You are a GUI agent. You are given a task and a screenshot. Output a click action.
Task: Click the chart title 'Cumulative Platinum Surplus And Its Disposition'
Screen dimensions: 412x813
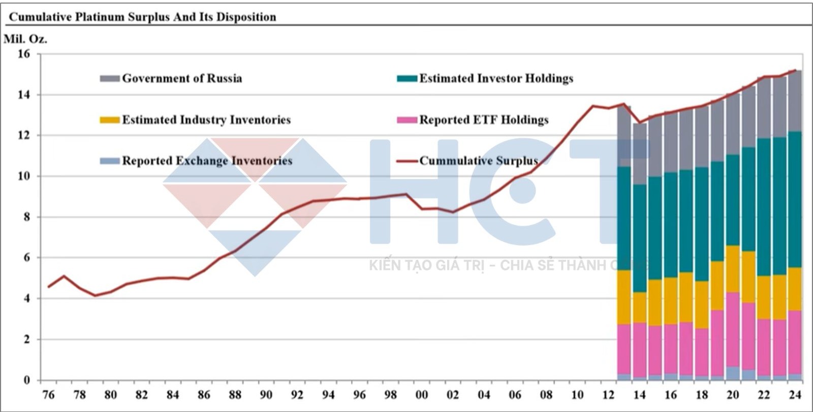pyautogui.click(x=143, y=17)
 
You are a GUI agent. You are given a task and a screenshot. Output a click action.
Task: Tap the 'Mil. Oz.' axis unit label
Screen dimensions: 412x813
pyautogui.click(x=25, y=39)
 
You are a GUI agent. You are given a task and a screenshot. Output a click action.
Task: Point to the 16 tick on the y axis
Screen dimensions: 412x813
pyautogui.click(x=24, y=54)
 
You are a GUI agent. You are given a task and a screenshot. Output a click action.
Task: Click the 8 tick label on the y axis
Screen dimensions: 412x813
pyautogui.click(x=27, y=217)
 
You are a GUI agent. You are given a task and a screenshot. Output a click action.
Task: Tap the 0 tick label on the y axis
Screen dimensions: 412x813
pyautogui.click(x=27, y=380)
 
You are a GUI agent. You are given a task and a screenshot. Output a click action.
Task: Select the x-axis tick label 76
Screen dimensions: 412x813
pyautogui.click(x=48, y=395)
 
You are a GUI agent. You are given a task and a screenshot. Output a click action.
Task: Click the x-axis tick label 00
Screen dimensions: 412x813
pyautogui.click(x=421, y=395)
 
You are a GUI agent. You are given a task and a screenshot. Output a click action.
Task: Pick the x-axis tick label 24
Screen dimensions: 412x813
pyautogui.click(x=795, y=395)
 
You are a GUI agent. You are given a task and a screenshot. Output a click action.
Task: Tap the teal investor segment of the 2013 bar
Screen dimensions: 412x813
pyautogui.click(x=624, y=218)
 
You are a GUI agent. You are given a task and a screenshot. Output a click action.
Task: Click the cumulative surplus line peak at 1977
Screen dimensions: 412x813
pyautogui.click(x=64, y=276)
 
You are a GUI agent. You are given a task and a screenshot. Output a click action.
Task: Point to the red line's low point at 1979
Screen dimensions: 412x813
pyautogui.click(x=95, y=295)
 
